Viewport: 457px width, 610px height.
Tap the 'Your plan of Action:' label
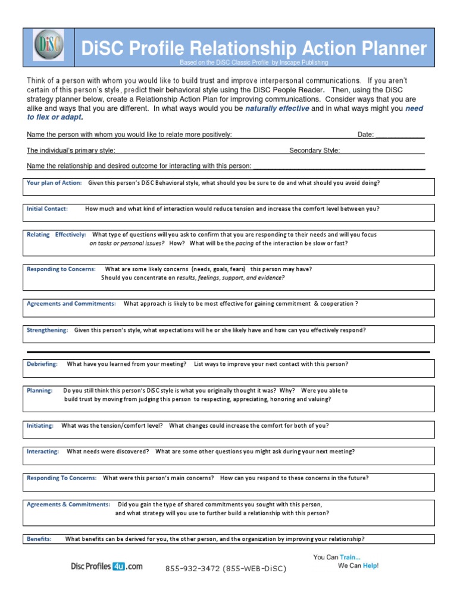(x=54, y=183)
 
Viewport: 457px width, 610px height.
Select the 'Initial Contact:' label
(x=48, y=209)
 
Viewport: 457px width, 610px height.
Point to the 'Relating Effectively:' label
(x=57, y=235)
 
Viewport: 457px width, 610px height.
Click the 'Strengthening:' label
(x=48, y=330)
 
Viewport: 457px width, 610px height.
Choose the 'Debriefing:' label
(x=42, y=364)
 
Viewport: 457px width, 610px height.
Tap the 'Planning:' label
(x=40, y=391)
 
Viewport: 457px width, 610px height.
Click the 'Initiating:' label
(x=40, y=426)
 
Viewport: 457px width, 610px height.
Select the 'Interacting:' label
(x=43, y=452)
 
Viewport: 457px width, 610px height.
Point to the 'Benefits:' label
(x=39, y=539)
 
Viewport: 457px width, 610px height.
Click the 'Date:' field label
(x=366, y=135)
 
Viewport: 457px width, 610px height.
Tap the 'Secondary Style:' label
(x=315, y=151)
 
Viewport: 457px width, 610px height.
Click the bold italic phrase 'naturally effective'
(x=277, y=108)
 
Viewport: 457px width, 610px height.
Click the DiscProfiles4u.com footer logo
(x=107, y=567)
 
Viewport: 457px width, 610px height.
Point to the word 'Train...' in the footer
(x=350, y=557)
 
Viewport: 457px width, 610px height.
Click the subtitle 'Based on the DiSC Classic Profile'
(x=225, y=63)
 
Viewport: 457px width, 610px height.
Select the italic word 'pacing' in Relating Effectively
(x=245, y=244)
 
